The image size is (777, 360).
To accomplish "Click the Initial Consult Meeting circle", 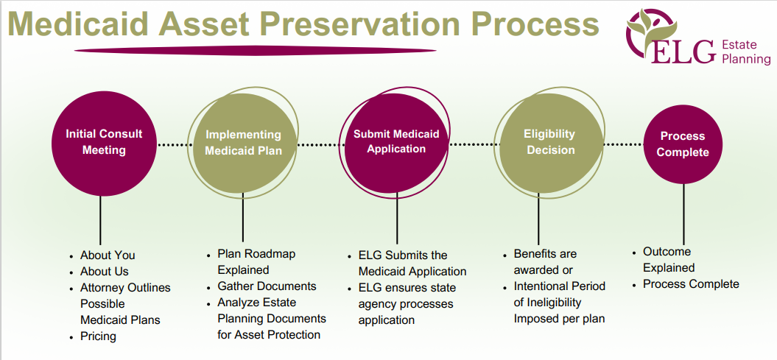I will coord(103,142).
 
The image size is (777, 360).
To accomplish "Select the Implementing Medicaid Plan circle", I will coord(242,143).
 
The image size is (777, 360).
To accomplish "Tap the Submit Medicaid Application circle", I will coord(396,141).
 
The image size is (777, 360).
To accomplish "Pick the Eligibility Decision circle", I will coord(549,142).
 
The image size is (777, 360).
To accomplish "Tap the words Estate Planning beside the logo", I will coord(745,52).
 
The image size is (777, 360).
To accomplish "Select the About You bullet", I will coord(108,255).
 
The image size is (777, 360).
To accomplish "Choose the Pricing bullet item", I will coord(98,336).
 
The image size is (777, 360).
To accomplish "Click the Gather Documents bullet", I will coord(267,286).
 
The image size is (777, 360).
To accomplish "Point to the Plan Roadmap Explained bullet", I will coord(256,261).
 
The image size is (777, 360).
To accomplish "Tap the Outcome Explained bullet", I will coord(667,259).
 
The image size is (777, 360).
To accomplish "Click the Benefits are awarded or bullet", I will coord(545,261).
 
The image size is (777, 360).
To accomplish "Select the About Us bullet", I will coord(105,271).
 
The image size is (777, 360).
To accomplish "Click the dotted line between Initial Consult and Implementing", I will coord(175,145).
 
